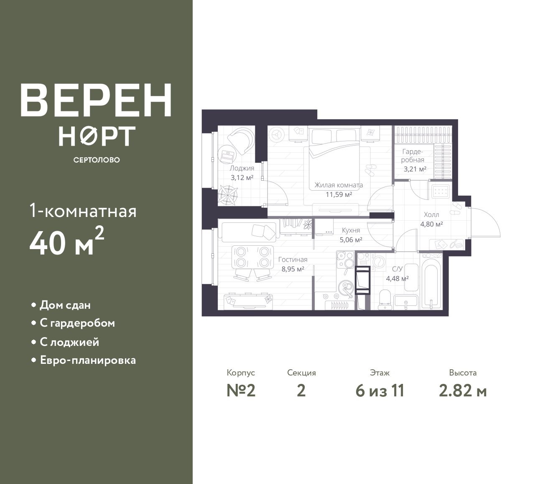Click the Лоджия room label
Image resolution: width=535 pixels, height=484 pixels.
click(242, 168)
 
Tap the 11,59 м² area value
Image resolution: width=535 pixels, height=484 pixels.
click(339, 194)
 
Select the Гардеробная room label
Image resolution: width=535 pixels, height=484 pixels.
click(412, 156)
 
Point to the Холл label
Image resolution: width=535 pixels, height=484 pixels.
click(431, 214)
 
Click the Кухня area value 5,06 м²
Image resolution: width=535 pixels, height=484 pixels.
click(351, 240)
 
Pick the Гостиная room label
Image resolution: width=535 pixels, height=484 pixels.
click(293, 260)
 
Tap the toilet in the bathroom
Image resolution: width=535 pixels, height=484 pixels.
click(385, 300)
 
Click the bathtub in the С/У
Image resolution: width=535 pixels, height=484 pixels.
click(431, 282)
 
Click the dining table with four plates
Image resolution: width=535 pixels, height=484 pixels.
click(252, 257)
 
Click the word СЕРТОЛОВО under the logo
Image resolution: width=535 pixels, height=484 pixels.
click(97, 160)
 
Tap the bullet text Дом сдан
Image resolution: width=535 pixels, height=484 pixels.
click(65, 305)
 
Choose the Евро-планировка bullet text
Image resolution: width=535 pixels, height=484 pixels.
click(88, 360)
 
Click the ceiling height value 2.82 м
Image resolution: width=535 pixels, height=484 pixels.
click(463, 391)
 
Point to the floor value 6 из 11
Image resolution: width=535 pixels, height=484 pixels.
click(380, 391)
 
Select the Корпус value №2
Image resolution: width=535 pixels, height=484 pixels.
click(241, 391)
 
